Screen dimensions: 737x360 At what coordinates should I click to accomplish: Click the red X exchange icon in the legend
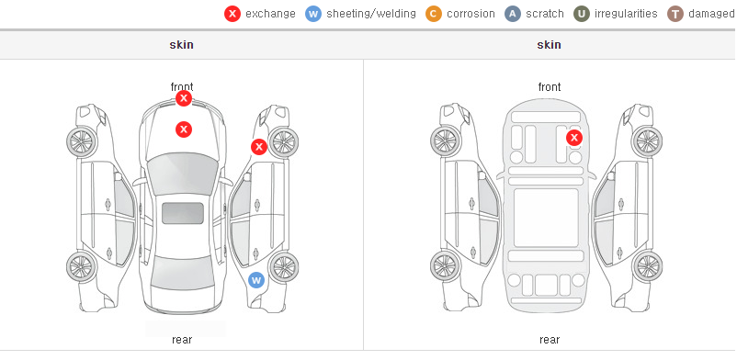point(232,14)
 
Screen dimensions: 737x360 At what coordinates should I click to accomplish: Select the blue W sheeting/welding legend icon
point(313,14)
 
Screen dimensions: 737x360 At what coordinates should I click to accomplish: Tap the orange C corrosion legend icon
point(434,14)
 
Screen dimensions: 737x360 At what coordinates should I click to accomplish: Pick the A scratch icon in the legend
point(513,14)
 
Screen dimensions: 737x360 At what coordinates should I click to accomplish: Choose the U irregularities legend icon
point(582,14)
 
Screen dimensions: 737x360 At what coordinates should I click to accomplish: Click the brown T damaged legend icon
point(675,14)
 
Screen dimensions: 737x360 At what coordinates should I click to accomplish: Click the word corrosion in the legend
point(471,14)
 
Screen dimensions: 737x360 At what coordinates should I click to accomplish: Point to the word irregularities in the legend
point(626,14)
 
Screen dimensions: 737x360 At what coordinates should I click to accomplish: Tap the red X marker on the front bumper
point(184,98)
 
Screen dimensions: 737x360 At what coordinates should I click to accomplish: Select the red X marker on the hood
point(184,129)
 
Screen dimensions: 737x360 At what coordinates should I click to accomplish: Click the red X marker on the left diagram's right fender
point(258,147)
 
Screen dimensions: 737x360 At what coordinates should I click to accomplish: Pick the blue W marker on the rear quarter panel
point(256,281)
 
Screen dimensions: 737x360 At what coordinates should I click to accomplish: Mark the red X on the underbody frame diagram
point(574,138)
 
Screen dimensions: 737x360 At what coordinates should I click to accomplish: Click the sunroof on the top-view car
point(183,213)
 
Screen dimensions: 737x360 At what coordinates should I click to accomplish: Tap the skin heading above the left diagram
point(181,45)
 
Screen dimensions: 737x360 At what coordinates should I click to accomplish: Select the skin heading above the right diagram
point(549,45)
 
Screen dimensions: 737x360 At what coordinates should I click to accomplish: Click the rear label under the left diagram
point(182,340)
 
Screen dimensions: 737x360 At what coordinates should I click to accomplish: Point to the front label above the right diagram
point(550,87)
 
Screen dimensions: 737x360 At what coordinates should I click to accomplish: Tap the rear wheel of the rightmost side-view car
point(647,266)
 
